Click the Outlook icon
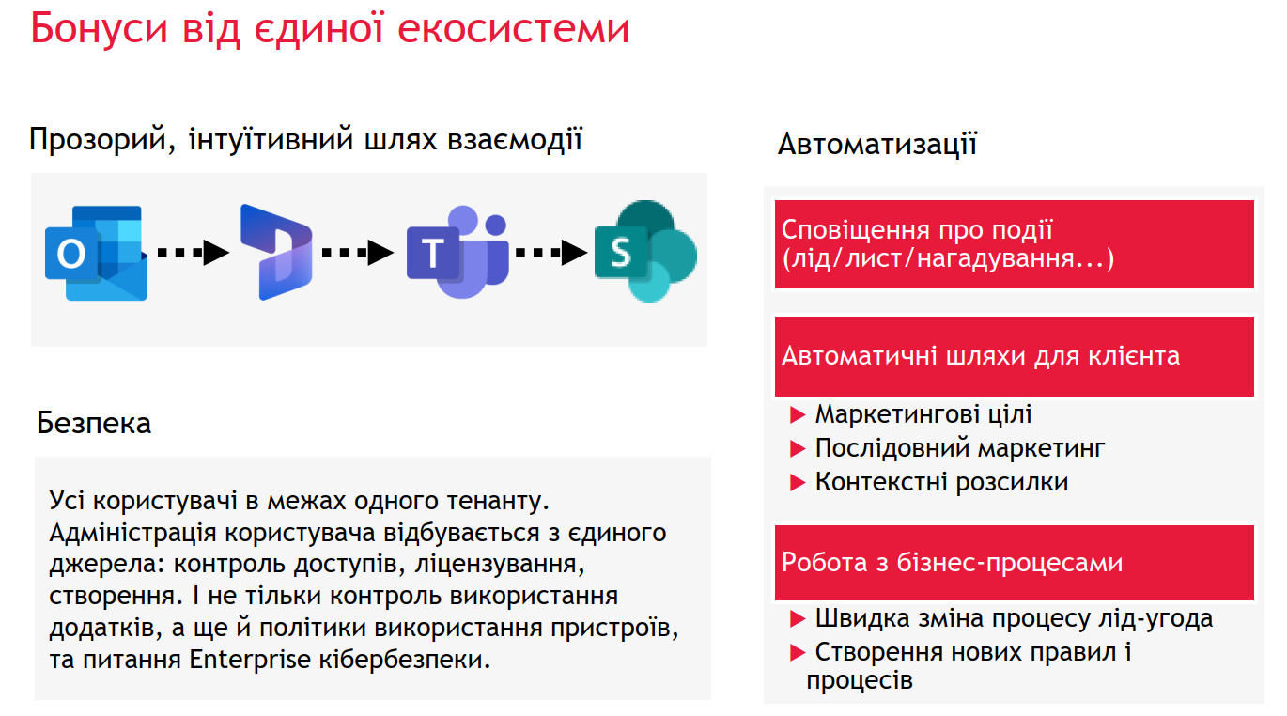pos(96,253)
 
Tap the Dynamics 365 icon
pos(276,252)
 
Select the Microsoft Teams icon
pos(457,252)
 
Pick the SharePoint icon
pos(645,251)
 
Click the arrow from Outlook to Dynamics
pos(194,252)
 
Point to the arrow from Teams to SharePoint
pos(551,252)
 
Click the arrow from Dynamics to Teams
pos(357,252)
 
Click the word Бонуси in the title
pos(99,28)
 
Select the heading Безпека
pos(94,423)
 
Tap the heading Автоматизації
pos(877,144)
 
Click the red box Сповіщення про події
pos(1014,244)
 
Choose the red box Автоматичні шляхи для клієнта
pos(1014,356)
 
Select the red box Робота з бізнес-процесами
pos(1014,563)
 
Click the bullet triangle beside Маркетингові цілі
pos(798,415)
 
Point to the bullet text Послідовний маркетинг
pos(960,448)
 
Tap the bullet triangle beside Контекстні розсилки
pos(798,482)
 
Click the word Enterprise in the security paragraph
pos(250,660)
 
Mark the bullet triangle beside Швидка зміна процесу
pos(798,619)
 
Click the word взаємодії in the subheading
pos(515,140)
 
